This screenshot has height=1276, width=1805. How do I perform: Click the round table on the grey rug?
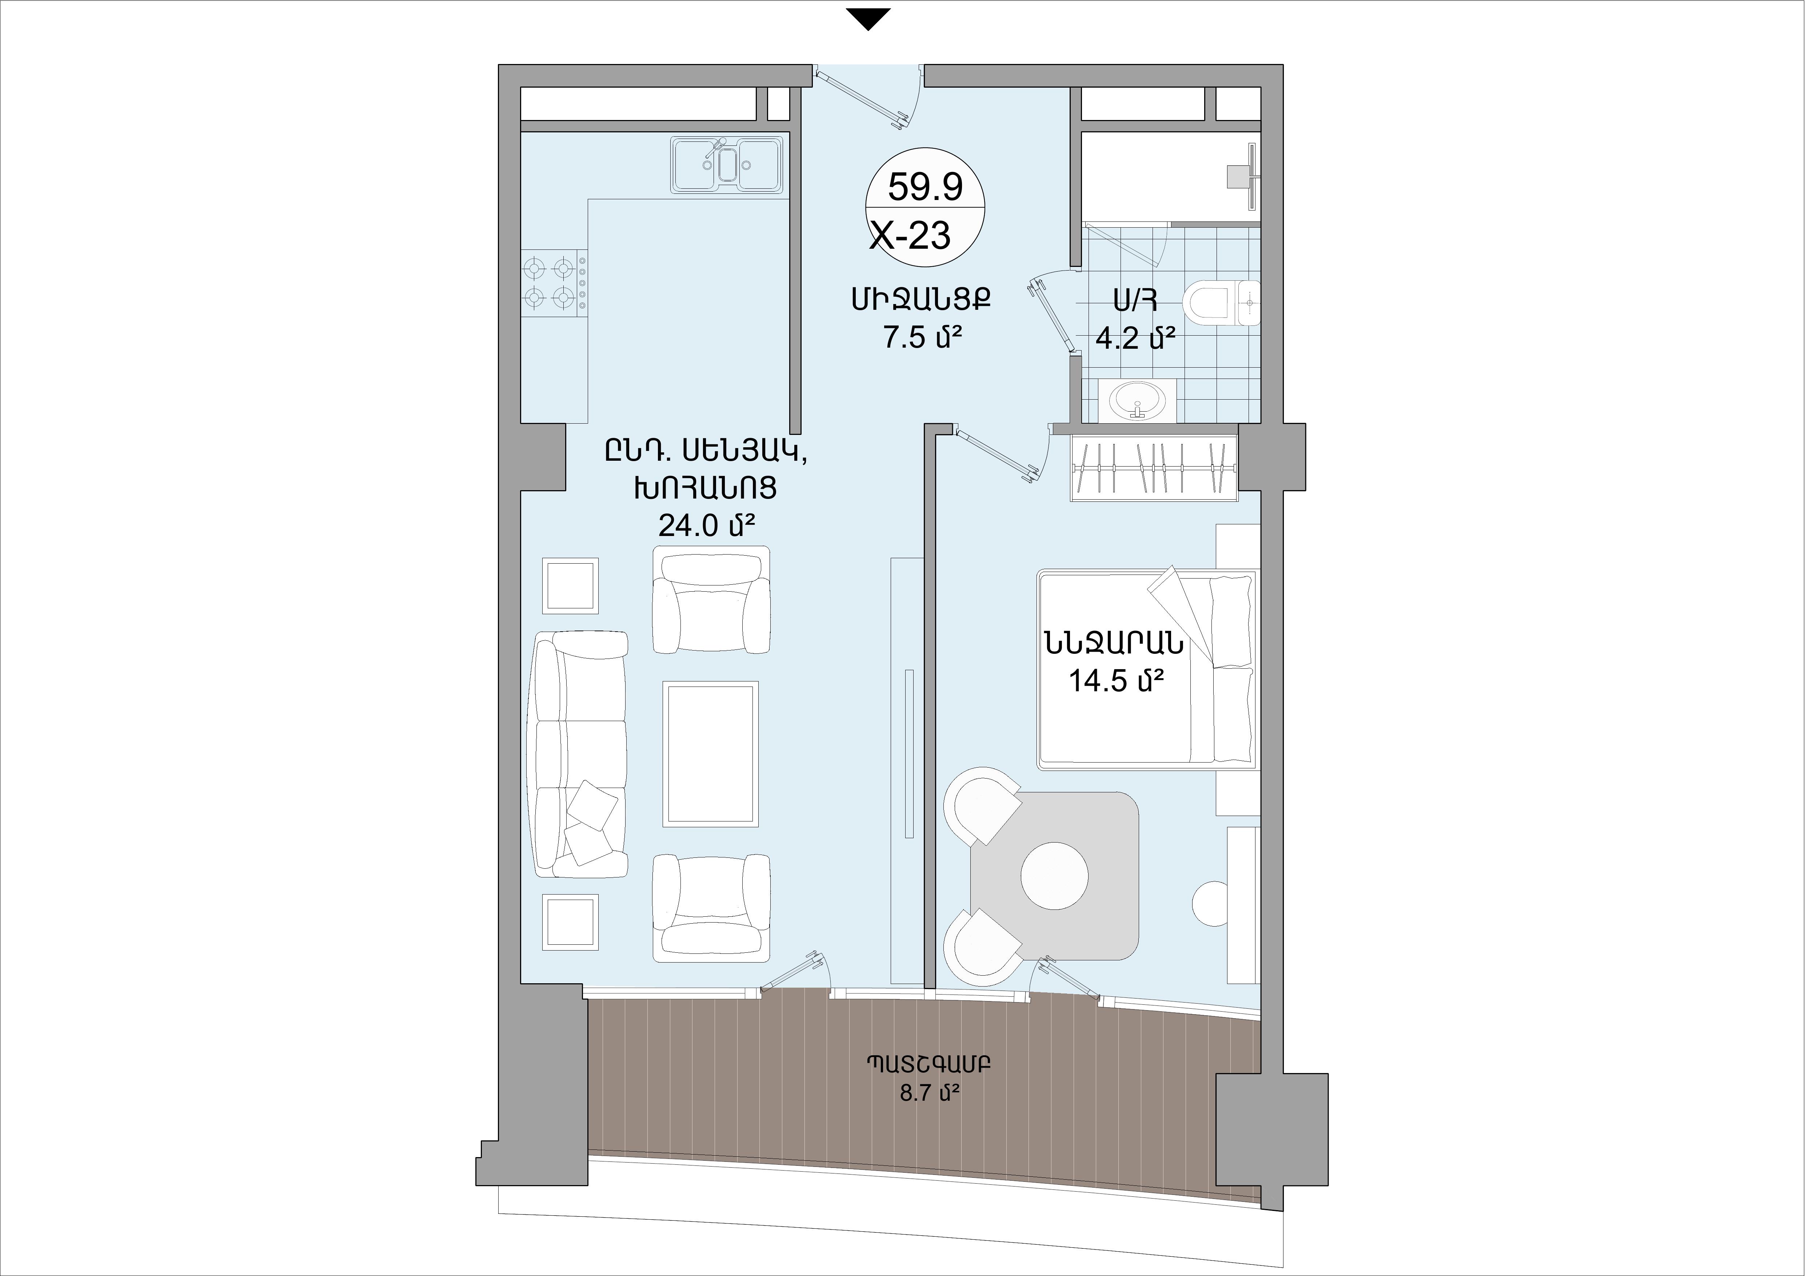tap(1054, 876)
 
